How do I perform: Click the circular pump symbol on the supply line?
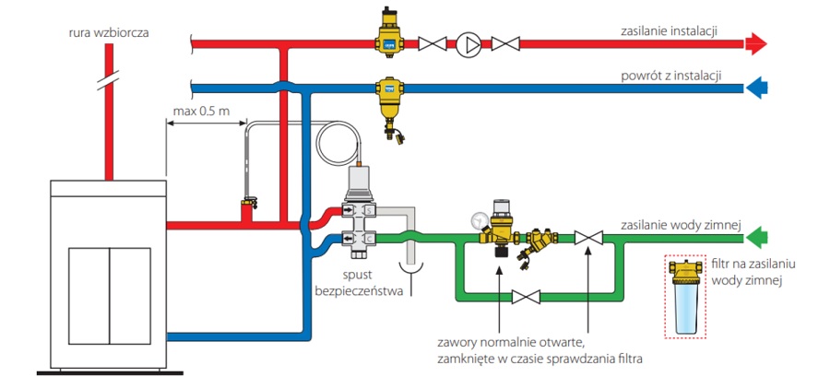(x=468, y=44)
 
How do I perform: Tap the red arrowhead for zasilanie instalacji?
(x=756, y=44)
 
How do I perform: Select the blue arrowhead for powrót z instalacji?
(x=756, y=88)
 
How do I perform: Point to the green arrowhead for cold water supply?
(x=756, y=238)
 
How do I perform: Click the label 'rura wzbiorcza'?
(x=109, y=33)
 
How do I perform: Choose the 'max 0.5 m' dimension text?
(x=201, y=112)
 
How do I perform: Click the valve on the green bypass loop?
(x=526, y=297)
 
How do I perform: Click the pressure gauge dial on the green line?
(x=479, y=221)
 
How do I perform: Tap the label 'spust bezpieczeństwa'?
(x=359, y=283)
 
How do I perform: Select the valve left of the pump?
(x=433, y=44)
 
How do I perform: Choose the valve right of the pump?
(x=505, y=44)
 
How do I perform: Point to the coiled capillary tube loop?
(x=338, y=143)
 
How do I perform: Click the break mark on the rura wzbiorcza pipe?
(x=109, y=80)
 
